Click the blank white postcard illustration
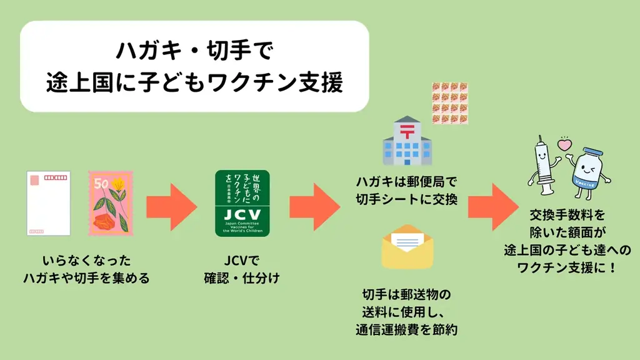point(48,203)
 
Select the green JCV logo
point(242,203)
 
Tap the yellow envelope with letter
point(407,247)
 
